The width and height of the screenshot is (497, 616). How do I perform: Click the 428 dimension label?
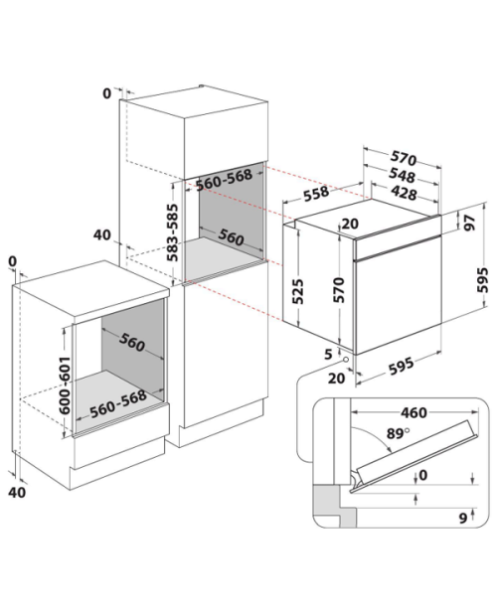[404, 194]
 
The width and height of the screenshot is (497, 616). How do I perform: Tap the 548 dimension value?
[403, 176]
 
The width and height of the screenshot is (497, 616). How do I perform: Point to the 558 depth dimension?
[316, 194]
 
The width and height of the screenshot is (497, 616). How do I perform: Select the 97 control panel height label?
[470, 223]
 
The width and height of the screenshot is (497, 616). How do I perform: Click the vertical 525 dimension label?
[298, 291]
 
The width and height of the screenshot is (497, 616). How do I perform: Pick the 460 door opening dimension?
[414, 412]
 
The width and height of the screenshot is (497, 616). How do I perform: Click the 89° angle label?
[398, 433]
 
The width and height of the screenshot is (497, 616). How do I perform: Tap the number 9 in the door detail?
[463, 519]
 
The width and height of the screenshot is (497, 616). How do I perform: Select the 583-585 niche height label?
[172, 232]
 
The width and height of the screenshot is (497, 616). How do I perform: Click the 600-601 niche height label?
[65, 385]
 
